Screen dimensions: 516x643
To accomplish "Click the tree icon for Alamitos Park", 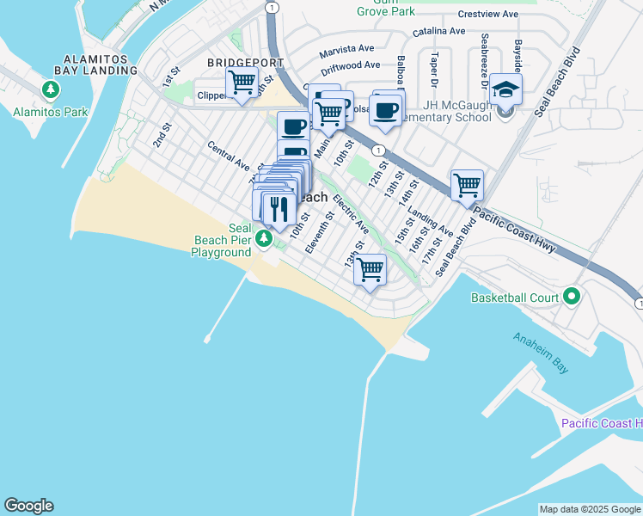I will tap(51, 89).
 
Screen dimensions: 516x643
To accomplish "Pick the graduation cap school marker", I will tap(506, 89).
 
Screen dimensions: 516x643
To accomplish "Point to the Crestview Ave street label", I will tap(487, 15).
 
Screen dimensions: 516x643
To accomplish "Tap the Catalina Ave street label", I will tap(438, 31).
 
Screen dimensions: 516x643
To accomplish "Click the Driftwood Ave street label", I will tap(351, 65).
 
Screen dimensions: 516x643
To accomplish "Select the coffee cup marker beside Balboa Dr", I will tap(387, 110).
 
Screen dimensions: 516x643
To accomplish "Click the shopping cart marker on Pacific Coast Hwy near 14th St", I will tap(467, 185).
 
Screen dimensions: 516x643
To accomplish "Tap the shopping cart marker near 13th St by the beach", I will tap(370, 270).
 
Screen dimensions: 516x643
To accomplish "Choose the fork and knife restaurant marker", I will tap(279, 208).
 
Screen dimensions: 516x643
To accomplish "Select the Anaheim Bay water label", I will tap(541, 353).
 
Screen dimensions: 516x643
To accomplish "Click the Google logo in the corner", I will tap(28, 506).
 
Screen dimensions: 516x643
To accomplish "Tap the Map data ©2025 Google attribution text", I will tap(590, 509).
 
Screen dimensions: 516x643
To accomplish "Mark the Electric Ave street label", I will tap(351, 215).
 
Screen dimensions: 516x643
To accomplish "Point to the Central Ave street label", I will tap(229, 156).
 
